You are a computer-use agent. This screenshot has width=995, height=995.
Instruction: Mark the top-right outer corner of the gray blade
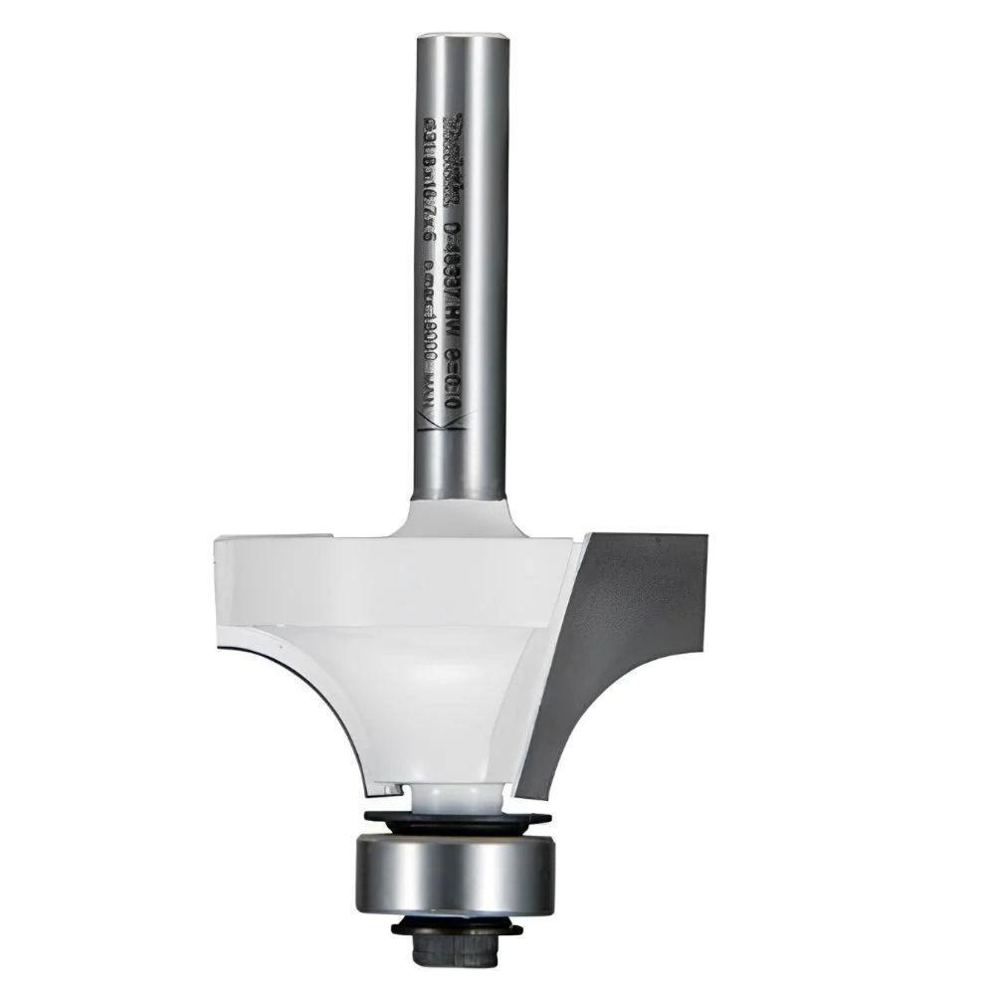click(706, 536)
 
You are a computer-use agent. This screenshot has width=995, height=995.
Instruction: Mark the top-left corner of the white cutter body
click(218, 539)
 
